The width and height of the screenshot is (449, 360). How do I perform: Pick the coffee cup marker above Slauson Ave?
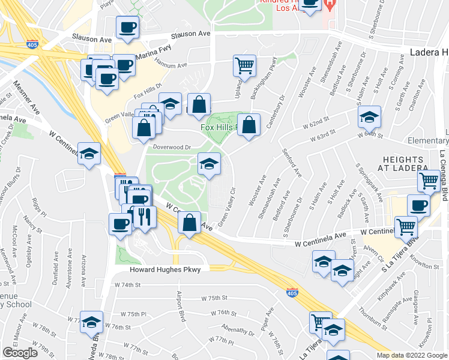tap(127, 27)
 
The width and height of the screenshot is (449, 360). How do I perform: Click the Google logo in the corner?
tap(20, 353)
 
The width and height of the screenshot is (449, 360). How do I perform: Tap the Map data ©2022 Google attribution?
tap(411, 355)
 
